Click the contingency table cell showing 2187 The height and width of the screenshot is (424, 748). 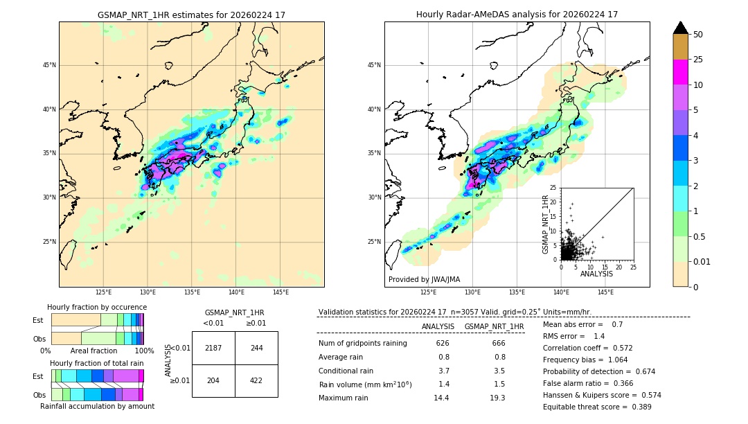pos(213,348)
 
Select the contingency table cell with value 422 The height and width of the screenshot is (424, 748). pos(256,380)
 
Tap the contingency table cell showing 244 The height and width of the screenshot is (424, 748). pos(256,348)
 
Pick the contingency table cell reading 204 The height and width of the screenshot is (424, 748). pos(213,380)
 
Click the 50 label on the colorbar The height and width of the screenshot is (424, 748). pos(698,35)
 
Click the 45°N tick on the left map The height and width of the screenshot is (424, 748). pos(49,66)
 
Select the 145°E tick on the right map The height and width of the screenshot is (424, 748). pos(605,292)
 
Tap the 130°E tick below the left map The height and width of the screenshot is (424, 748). pos(148,292)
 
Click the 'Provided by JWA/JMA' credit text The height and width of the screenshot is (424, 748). pos(424,280)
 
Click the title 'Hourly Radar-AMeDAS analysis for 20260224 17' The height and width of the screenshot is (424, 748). pos(517,15)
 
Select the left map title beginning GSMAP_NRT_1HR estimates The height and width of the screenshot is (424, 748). pos(191,15)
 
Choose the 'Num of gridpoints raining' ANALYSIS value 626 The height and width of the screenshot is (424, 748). pos(443,343)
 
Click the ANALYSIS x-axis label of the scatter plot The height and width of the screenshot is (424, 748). pos(596,274)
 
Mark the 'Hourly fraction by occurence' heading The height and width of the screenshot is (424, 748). pos(97,307)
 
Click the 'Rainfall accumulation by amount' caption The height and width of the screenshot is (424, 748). pos(97,406)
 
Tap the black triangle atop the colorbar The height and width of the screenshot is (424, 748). pos(681,28)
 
